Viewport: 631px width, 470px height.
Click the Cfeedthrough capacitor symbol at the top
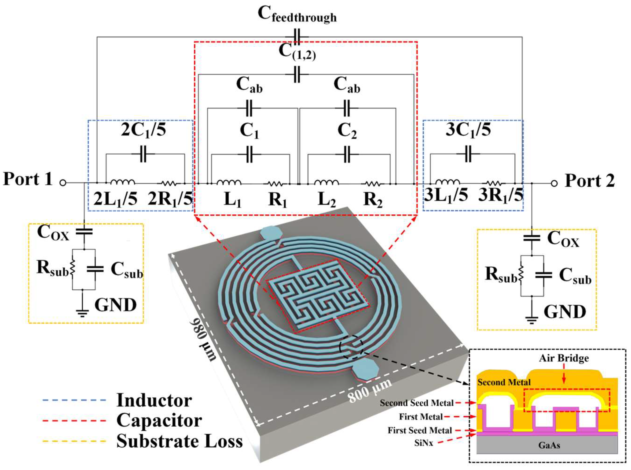pyautogui.click(x=297, y=37)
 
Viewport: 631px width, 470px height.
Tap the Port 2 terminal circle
pyautogui.click(x=554, y=184)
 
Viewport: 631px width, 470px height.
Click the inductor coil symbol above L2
pyautogui.click(x=327, y=182)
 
